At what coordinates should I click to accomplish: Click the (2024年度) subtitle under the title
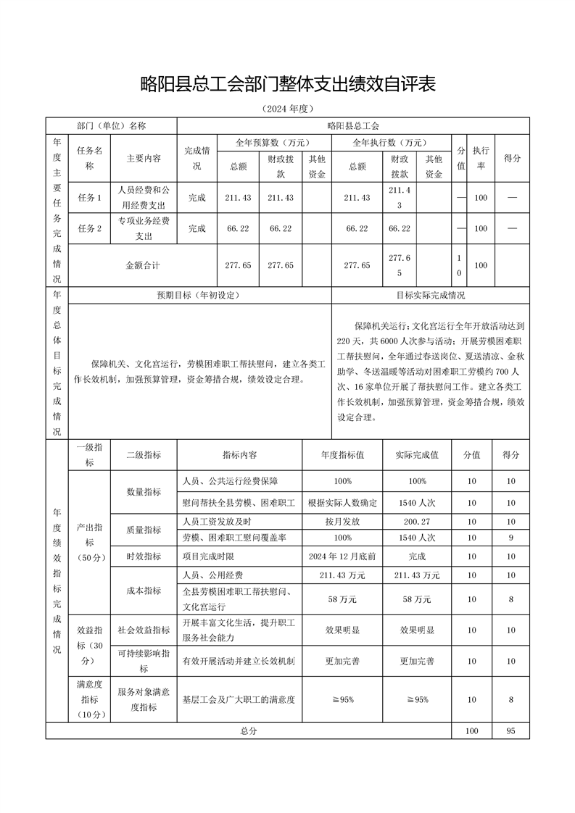coord(287,109)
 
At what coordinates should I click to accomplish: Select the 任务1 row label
coord(89,198)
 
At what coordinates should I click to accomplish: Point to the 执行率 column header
coord(480,157)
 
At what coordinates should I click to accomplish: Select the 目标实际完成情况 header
coord(431,296)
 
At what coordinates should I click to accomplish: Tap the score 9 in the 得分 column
coord(510,538)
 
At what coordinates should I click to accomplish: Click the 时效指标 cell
coord(144,556)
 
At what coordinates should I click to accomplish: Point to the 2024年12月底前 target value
coord(342,556)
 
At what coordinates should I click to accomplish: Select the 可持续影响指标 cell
coord(144,661)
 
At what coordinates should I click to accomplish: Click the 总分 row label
coord(249,731)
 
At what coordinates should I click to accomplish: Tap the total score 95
coord(510,731)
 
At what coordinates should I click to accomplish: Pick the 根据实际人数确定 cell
coord(342,503)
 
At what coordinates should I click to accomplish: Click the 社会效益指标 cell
coord(144,630)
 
